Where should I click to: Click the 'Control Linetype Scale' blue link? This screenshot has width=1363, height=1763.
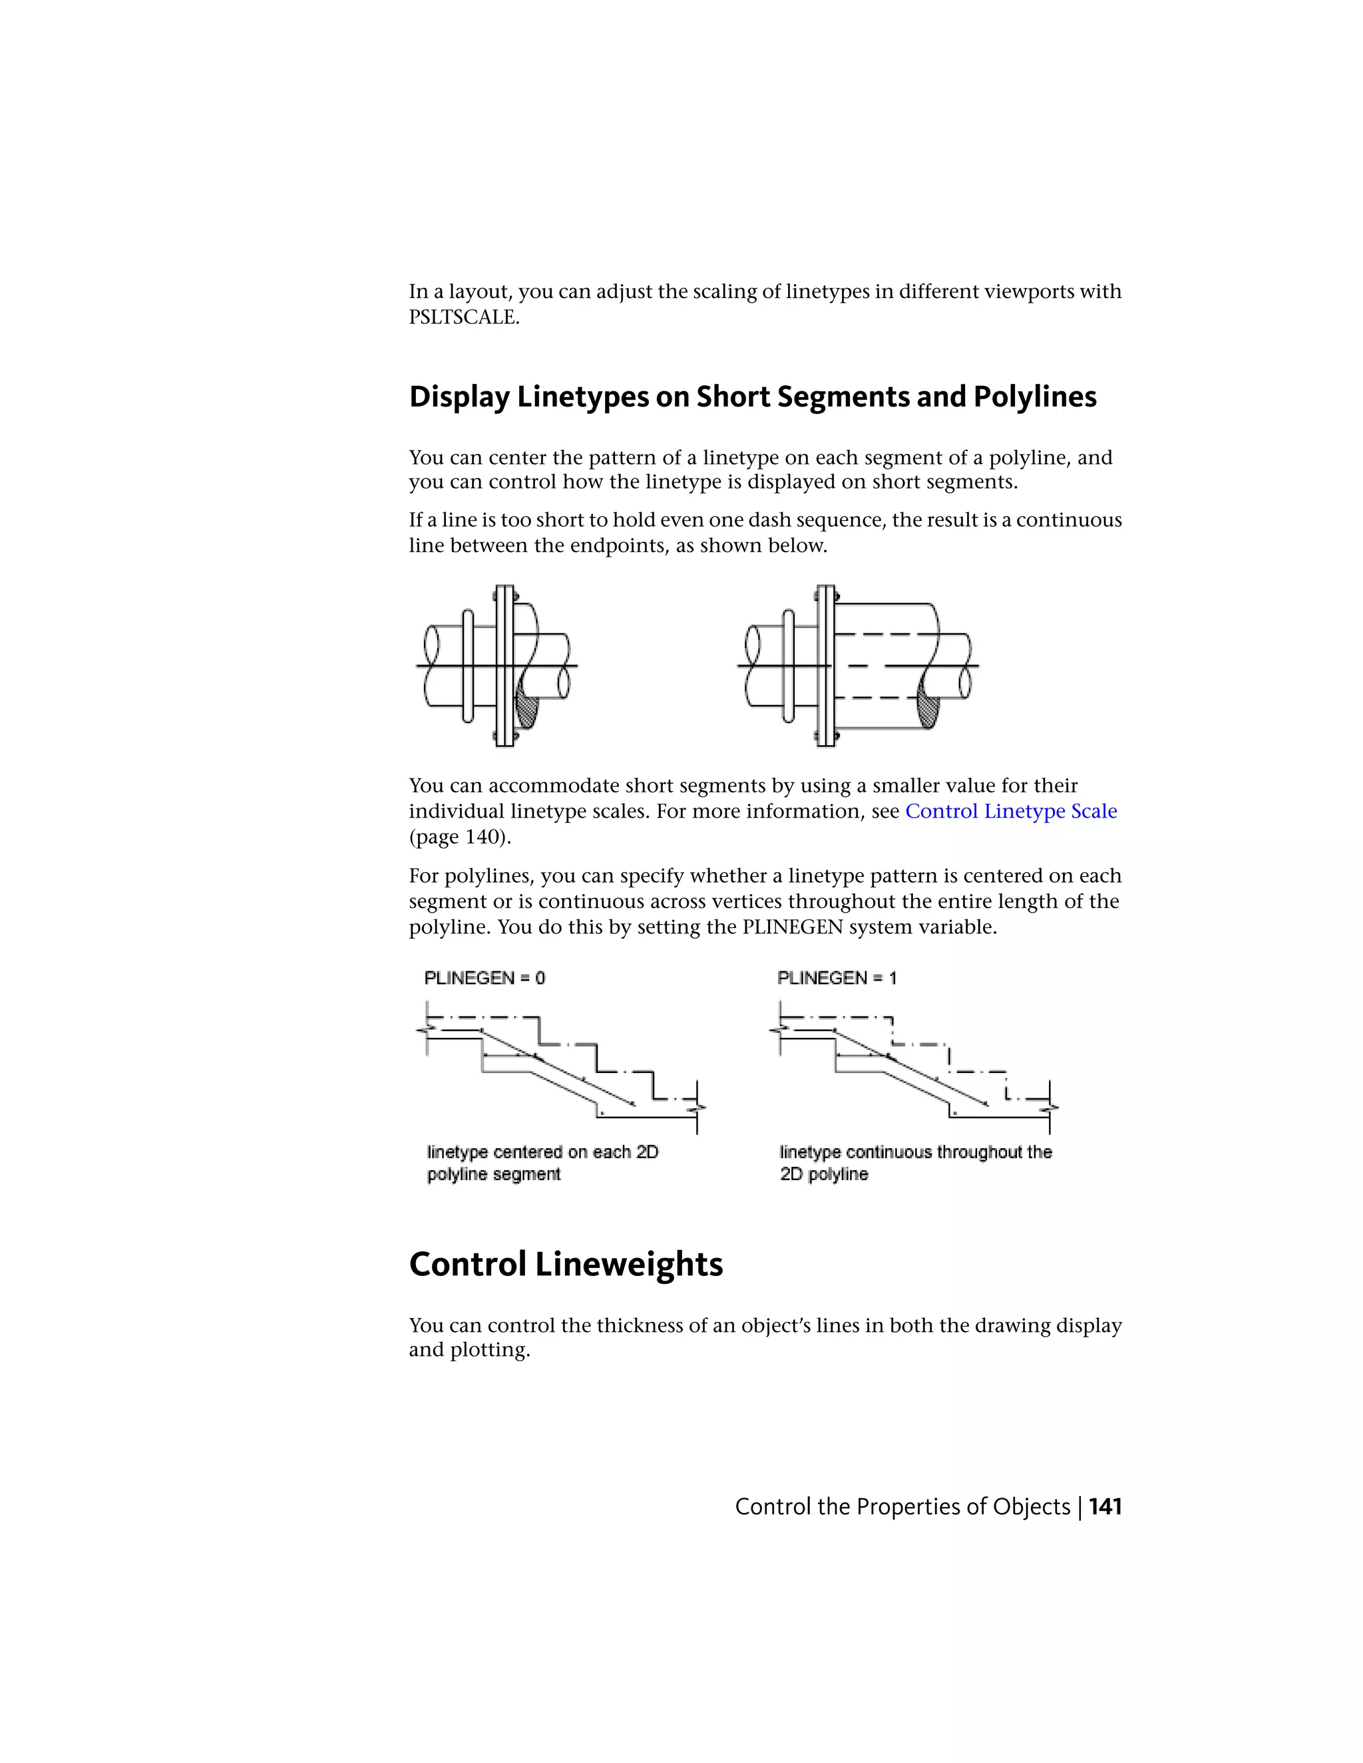click(1010, 811)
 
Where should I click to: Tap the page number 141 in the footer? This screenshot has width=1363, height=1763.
click(1105, 1507)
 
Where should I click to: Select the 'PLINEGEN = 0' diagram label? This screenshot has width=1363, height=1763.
click(485, 979)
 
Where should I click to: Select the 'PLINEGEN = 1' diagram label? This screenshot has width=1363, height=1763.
click(837, 979)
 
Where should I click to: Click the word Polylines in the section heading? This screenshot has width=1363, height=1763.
click(1034, 397)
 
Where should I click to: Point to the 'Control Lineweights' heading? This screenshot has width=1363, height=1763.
click(565, 1264)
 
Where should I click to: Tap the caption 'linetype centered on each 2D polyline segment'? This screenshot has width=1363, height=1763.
click(542, 1163)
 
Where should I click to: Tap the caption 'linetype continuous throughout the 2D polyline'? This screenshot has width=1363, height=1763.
click(915, 1163)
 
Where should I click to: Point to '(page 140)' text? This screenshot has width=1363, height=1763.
click(459, 837)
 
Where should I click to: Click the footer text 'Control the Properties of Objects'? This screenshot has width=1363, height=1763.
click(902, 1507)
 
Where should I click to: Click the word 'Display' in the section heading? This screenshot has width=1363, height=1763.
click(459, 397)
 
